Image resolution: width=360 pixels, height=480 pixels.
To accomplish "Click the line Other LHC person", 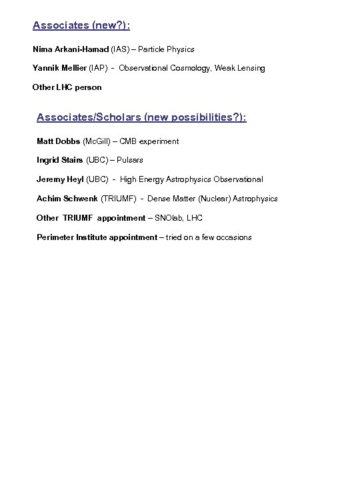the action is pos(67,87).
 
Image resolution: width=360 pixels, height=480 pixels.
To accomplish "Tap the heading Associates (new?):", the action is pos(81,26).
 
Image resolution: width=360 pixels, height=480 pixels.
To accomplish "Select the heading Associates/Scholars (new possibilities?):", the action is pos(141,117).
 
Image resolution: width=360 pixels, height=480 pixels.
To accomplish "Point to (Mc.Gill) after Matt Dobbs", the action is pos(99,141).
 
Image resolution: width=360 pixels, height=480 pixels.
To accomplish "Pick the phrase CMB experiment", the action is pos(153,141).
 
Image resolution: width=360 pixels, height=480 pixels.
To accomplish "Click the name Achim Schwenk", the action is pos(67,199).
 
